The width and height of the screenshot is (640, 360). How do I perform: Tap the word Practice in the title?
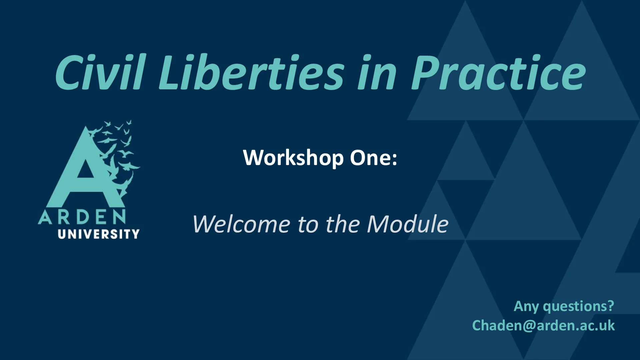point(499,72)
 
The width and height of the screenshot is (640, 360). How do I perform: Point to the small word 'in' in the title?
point(377,72)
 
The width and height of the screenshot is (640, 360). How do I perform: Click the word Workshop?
point(293,157)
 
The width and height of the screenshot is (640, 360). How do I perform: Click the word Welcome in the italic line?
point(241,224)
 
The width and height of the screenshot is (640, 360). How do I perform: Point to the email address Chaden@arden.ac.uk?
point(543,326)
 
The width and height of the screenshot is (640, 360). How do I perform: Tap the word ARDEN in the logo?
point(82,217)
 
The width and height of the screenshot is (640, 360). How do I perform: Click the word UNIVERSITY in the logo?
point(99,234)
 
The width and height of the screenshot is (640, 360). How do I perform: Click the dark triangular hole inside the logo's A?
point(86,169)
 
